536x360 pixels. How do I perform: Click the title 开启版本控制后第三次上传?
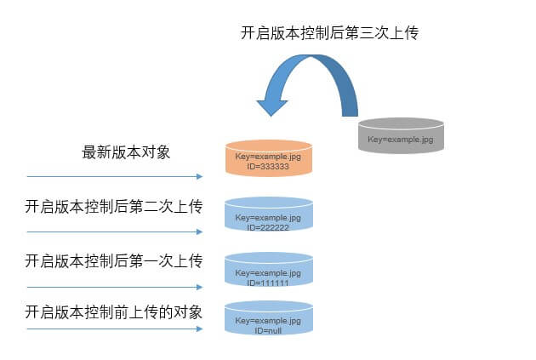(329, 33)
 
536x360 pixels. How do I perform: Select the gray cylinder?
(401, 135)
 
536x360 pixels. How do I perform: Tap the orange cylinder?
(269, 158)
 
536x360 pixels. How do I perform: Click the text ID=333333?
(268, 167)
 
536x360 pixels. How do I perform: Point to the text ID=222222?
(268, 227)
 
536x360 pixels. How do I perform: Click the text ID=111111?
(268, 283)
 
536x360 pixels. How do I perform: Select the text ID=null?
(268, 330)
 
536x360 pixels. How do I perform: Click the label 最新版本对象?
(126, 152)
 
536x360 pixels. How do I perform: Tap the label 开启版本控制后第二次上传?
(114, 207)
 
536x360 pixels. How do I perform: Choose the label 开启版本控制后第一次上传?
(114, 261)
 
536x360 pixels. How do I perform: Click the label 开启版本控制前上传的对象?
(113, 312)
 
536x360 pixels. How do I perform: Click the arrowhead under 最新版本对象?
(200, 176)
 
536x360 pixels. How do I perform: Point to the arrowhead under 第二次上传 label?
(200, 231)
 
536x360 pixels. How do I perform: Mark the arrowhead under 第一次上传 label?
(200, 287)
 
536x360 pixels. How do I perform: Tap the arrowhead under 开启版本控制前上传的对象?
(200, 329)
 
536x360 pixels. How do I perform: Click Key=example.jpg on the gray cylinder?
(401, 140)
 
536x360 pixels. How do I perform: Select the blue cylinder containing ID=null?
(269, 317)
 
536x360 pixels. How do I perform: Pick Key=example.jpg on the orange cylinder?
(268, 157)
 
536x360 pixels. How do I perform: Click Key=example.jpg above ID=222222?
(268, 218)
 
